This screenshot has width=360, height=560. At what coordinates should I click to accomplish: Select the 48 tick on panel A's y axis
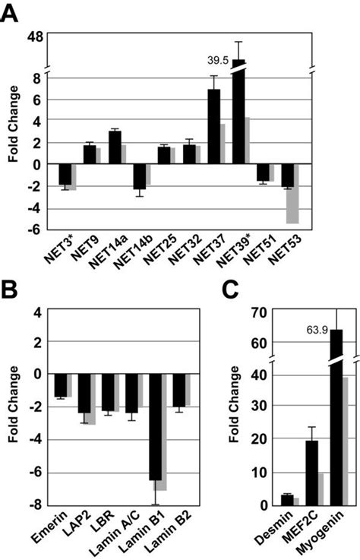(36, 35)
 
